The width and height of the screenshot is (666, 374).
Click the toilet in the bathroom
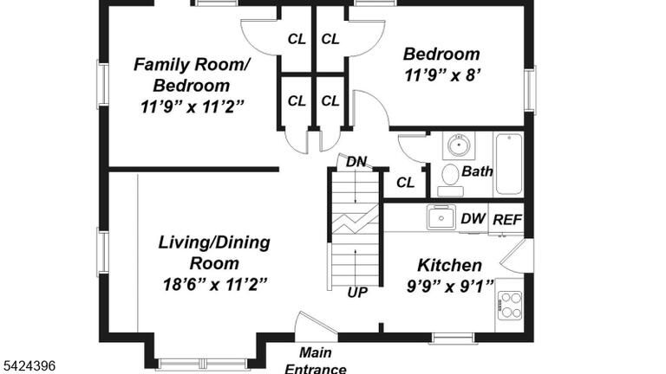[x=450, y=180]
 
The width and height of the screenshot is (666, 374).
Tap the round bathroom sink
[x=459, y=145]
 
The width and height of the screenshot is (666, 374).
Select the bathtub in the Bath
[x=509, y=164]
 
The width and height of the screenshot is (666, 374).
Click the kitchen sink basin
[x=441, y=217]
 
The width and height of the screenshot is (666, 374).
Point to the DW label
[x=473, y=218]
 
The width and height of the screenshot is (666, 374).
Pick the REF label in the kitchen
[x=507, y=220]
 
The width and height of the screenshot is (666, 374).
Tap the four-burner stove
[x=510, y=305]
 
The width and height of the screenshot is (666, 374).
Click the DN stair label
[x=356, y=162]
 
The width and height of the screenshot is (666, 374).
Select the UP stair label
[x=357, y=292]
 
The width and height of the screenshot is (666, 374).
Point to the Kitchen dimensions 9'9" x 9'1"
[x=450, y=287]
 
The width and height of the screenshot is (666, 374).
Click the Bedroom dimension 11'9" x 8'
[x=442, y=75]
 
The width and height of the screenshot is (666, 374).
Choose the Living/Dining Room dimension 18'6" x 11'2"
[x=215, y=284]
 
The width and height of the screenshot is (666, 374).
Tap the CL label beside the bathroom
[x=405, y=183]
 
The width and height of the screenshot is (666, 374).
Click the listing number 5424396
[x=29, y=365]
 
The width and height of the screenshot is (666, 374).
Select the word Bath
[x=477, y=171]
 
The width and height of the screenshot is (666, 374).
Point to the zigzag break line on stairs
[x=355, y=219]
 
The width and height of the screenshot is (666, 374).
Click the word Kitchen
[x=450, y=266]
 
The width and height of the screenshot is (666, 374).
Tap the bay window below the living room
[x=202, y=364]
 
